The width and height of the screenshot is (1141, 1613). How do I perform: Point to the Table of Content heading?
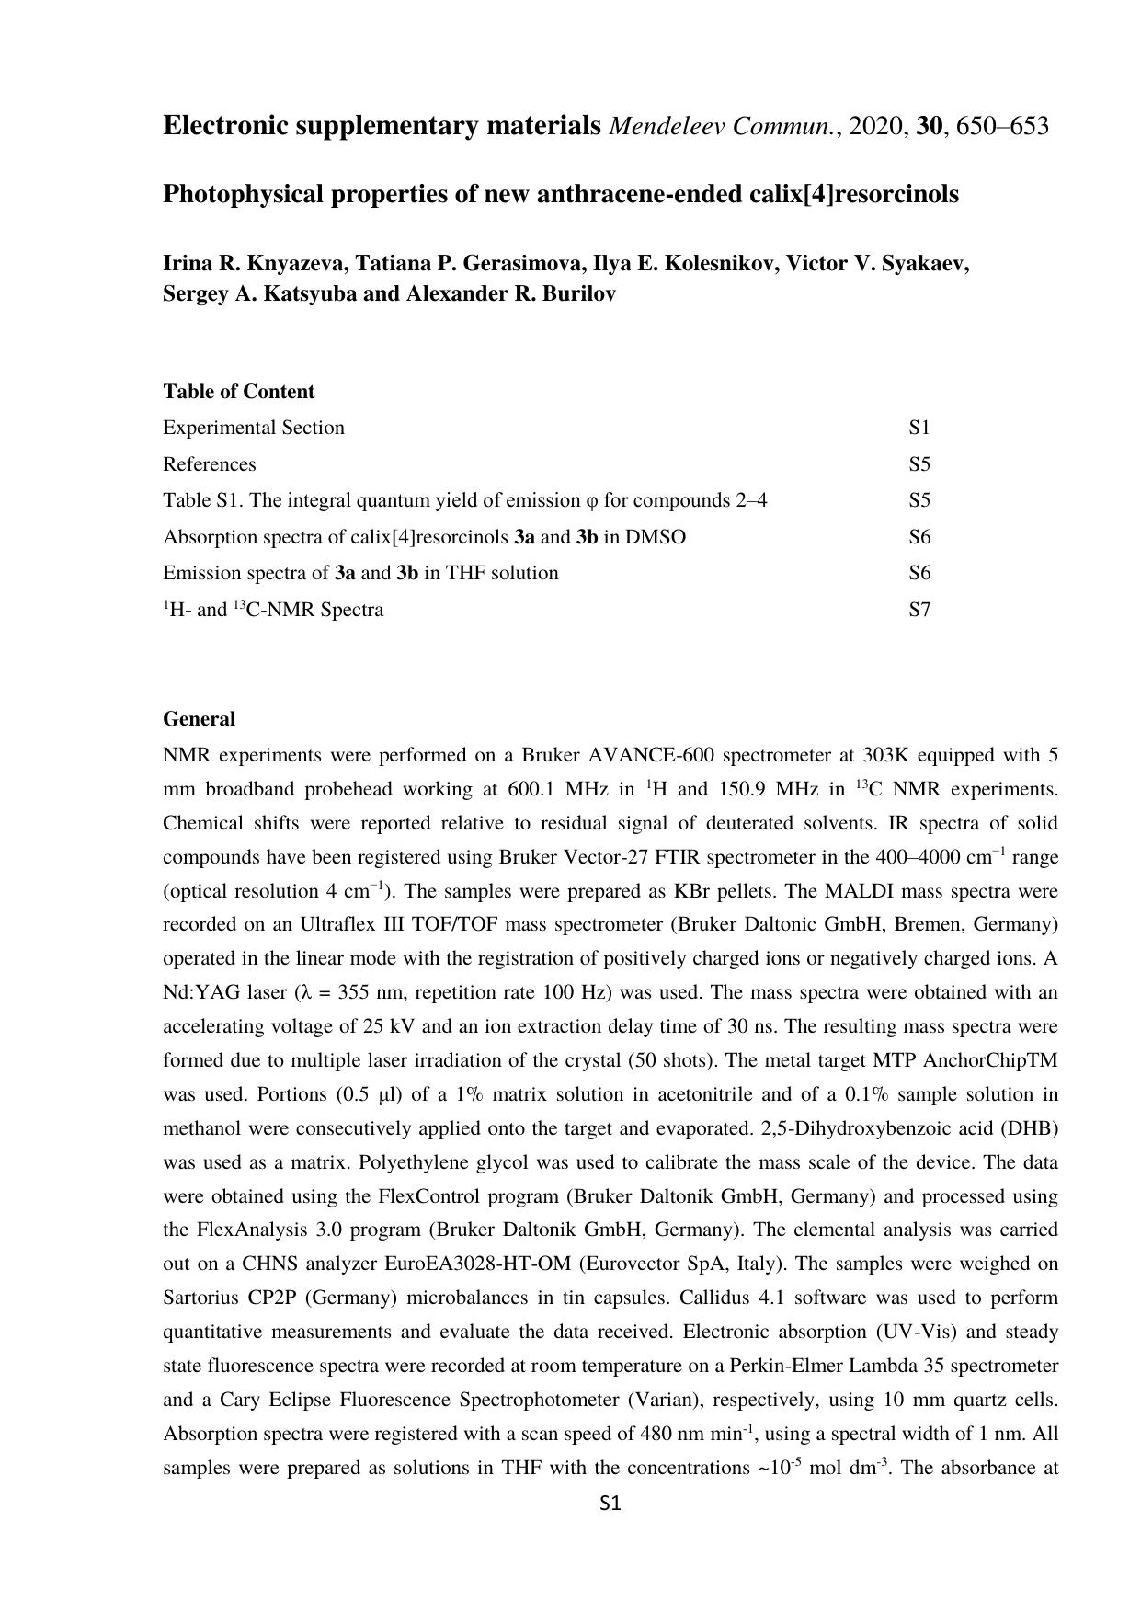click(x=239, y=392)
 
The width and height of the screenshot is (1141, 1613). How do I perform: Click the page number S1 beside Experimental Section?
click(x=919, y=428)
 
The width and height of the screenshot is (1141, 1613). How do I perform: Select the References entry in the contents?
click(x=210, y=464)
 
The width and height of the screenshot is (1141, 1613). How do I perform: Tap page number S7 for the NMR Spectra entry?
click(x=919, y=610)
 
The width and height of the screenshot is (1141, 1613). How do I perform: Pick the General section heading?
click(x=200, y=719)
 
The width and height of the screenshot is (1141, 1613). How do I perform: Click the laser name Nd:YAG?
click(x=193, y=993)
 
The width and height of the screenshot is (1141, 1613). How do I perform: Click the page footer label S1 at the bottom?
click(x=610, y=1504)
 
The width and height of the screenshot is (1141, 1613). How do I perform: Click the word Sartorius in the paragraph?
click(x=200, y=1298)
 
